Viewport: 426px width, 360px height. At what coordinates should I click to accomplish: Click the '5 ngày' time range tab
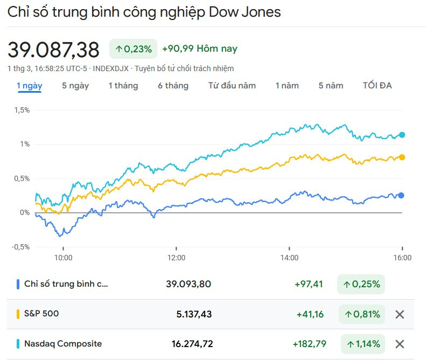tap(75, 86)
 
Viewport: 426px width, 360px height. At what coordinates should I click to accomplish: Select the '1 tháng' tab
tap(123, 86)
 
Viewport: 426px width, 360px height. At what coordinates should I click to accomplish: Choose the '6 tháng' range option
tap(173, 86)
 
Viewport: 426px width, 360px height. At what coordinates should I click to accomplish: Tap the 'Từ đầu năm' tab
tap(232, 86)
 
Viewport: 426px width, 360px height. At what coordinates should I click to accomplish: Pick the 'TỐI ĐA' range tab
tap(377, 86)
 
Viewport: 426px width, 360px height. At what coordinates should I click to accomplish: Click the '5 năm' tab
tap(331, 86)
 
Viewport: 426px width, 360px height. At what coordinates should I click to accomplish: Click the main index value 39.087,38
tap(53, 50)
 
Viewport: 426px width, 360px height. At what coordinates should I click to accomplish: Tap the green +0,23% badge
tap(134, 49)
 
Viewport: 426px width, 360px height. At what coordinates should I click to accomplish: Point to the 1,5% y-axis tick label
tap(22, 110)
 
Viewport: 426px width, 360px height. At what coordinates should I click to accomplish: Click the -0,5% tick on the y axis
tap(21, 247)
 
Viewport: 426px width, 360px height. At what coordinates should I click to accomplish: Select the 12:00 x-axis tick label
tap(176, 258)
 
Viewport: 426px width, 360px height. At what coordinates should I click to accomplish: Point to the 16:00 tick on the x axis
tap(402, 258)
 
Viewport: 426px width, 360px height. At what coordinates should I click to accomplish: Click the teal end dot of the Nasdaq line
tap(402, 135)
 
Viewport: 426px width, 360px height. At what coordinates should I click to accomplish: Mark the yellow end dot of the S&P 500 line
tap(402, 157)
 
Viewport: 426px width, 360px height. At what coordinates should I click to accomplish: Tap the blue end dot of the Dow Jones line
tap(401, 196)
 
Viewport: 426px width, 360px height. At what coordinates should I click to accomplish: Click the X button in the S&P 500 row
tap(400, 314)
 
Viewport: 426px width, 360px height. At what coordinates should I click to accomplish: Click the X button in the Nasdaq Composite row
tap(400, 344)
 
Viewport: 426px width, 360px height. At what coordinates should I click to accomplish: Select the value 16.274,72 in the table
tap(187, 344)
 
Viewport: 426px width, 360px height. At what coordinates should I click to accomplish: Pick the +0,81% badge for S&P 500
tap(362, 314)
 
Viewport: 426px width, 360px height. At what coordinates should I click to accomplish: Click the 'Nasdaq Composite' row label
tap(63, 344)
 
